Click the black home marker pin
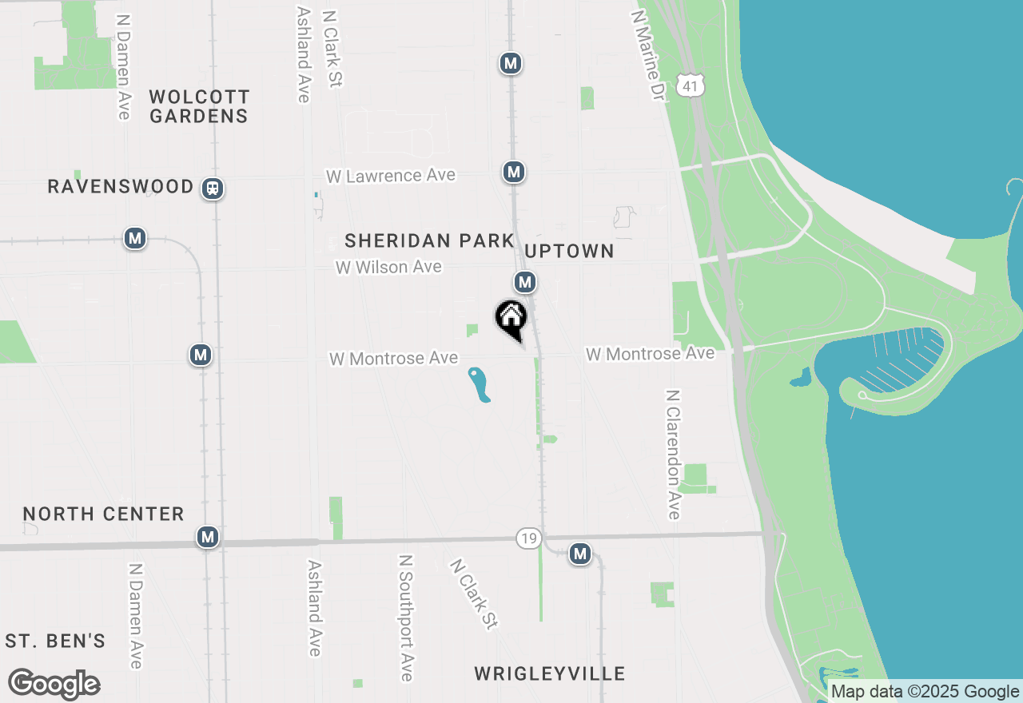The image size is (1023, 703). pyautogui.click(x=511, y=319)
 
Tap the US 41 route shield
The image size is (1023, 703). pyautogui.click(x=690, y=85)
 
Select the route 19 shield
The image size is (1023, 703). pyautogui.click(x=527, y=538)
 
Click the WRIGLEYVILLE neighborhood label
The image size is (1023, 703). pyautogui.click(x=550, y=673)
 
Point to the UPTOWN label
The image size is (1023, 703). pyautogui.click(x=570, y=251)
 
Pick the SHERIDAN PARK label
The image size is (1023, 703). pyautogui.click(x=429, y=240)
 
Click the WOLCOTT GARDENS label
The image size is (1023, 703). pyautogui.click(x=199, y=106)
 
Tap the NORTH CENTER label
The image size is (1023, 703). pyautogui.click(x=104, y=514)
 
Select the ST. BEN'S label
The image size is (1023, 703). pyautogui.click(x=55, y=641)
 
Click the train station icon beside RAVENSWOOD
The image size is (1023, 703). pyautogui.click(x=213, y=189)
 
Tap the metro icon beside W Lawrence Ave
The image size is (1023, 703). pyautogui.click(x=513, y=172)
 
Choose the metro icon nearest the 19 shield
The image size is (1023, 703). pyautogui.click(x=580, y=553)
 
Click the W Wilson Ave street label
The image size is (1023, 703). pyautogui.click(x=388, y=267)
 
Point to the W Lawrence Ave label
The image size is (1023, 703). pyautogui.click(x=391, y=175)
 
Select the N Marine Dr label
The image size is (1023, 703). pyautogui.click(x=648, y=55)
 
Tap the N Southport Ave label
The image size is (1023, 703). pyautogui.click(x=406, y=618)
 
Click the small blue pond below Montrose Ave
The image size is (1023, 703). pyautogui.click(x=479, y=384)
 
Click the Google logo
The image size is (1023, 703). pyautogui.click(x=54, y=685)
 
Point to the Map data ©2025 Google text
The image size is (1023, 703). pyautogui.click(x=925, y=692)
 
